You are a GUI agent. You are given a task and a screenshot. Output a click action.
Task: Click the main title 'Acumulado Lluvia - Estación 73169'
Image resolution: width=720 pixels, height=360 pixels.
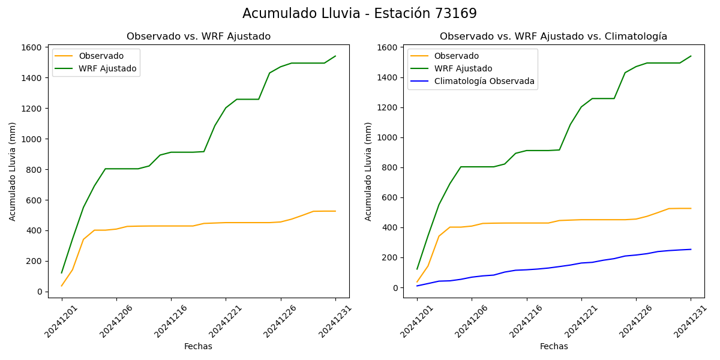(x=359, y=14)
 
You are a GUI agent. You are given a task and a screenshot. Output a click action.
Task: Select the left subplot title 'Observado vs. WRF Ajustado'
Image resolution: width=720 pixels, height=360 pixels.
(x=199, y=37)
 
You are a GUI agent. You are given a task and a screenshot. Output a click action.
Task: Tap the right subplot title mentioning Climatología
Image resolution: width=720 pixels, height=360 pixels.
(x=553, y=37)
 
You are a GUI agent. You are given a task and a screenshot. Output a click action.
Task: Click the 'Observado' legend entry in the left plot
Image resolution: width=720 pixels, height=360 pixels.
(x=101, y=56)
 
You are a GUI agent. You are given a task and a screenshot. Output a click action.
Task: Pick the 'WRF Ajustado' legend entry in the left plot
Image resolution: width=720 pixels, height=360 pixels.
(x=107, y=68)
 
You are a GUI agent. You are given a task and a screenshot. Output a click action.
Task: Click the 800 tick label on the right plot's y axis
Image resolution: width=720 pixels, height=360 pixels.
(x=390, y=167)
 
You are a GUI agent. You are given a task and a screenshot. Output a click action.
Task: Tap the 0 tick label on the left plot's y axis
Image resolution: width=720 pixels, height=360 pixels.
(x=39, y=292)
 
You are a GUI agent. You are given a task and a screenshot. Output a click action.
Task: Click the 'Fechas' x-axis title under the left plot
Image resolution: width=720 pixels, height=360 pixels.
(x=198, y=346)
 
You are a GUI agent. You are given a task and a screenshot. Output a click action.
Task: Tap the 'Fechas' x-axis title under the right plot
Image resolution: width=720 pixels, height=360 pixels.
(x=554, y=346)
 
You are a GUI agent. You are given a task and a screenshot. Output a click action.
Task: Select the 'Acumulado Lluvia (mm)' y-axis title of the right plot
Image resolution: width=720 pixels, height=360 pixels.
(x=368, y=172)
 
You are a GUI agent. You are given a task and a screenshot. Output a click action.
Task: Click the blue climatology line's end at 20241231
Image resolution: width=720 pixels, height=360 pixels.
(x=691, y=249)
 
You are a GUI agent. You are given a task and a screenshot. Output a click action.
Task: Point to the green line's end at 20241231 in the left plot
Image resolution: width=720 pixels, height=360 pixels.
(x=335, y=56)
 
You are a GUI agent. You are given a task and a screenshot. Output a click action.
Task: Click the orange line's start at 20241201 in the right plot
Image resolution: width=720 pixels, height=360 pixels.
(x=417, y=282)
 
